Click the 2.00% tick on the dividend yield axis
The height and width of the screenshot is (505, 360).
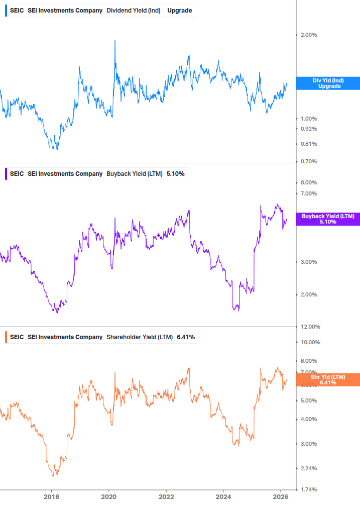pos(308,35)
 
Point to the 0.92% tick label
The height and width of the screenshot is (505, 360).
pos(308,129)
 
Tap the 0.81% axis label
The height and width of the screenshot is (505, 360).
pos(308,144)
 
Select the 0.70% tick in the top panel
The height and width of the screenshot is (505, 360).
pos(308,161)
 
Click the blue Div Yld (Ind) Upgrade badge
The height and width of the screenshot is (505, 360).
pos(328,83)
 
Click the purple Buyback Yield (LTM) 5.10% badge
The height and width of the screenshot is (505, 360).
pos(328,219)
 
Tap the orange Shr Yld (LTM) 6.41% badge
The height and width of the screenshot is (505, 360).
pos(328,379)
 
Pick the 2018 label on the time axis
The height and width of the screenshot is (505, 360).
pos(51,496)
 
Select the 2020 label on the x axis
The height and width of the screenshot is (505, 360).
pos(108,496)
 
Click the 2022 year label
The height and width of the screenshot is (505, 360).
pos(166,496)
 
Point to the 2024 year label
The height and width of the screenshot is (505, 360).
pos(223,496)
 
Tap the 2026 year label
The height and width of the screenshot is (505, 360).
pos(281,496)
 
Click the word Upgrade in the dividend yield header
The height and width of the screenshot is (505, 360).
pos(179,11)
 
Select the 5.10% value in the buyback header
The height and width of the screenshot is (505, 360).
pos(175,174)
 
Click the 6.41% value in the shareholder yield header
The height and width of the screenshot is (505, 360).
pos(186,337)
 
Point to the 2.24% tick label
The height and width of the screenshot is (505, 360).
pos(308,468)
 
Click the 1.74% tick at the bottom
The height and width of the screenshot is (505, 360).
pos(308,489)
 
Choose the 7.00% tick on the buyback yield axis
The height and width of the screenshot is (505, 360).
pos(308,193)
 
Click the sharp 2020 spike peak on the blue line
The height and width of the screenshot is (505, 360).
pos(115,41)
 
